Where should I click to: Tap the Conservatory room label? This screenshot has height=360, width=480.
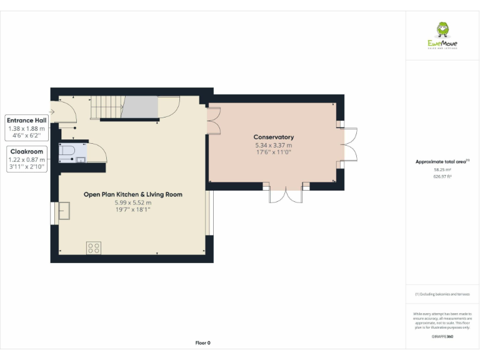273,137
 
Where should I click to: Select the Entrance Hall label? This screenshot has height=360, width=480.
26,120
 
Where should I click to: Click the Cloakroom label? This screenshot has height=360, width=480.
26,151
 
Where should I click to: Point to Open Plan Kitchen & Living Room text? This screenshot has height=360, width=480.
132,194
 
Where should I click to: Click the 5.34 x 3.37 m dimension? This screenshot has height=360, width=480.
273,144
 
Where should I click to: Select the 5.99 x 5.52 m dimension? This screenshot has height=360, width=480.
132,202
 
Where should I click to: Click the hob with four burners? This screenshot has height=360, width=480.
94,247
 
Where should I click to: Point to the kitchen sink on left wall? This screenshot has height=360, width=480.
64,212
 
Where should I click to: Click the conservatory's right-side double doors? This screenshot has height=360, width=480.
349,144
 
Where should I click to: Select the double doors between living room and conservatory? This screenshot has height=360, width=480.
213,121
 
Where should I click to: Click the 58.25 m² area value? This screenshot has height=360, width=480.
442,169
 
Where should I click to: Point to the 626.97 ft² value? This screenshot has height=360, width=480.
442,177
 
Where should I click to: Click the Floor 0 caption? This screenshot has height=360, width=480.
203,342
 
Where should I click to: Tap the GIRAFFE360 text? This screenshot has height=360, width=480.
442,337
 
